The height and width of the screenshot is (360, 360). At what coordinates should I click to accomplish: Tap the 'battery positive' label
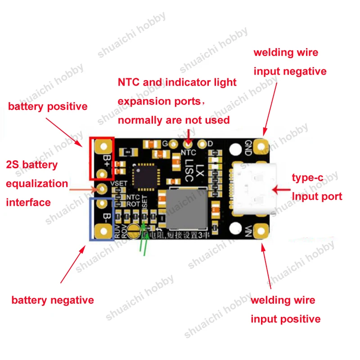click(48, 107)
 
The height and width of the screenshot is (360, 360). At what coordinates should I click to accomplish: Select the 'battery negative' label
click(53, 300)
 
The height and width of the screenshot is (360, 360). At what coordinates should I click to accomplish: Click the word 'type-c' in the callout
click(308, 177)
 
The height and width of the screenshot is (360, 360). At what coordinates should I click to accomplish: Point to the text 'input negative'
click(290, 71)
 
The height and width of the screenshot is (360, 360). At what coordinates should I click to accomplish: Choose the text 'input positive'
click(285, 319)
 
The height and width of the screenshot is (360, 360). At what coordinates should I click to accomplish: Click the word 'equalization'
click(37, 184)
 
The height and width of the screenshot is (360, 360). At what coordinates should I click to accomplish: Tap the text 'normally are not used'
click(174, 120)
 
